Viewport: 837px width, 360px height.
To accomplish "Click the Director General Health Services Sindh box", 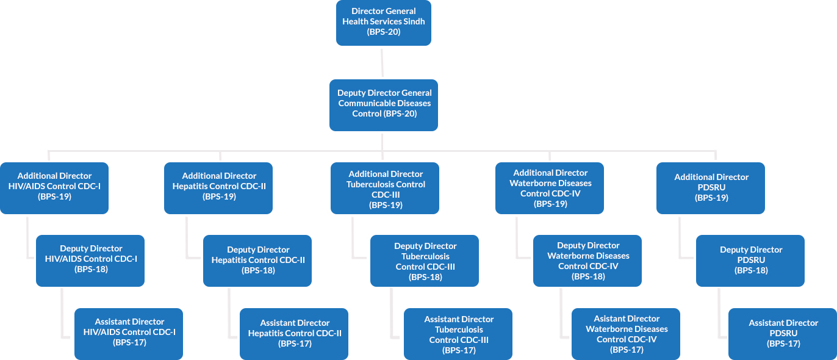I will [383, 23].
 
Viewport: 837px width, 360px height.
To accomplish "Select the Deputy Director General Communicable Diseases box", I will [383, 104].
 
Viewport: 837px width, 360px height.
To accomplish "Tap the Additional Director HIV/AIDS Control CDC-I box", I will [54, 187].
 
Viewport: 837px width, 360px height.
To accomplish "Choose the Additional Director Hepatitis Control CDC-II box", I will [218, 187].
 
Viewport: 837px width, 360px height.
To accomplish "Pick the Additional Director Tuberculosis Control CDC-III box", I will [385, 188].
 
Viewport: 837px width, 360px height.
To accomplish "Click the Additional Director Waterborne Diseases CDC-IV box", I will [550, 188].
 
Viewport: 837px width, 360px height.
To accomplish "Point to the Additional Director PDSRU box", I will [711, 187].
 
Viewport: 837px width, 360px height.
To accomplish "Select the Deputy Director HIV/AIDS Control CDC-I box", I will [90, 260].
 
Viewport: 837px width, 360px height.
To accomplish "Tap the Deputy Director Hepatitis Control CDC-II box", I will [257, 260].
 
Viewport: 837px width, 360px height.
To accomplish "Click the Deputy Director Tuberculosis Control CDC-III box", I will [425, 261].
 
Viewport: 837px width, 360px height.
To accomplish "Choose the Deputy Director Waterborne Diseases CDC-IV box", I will [587, 261].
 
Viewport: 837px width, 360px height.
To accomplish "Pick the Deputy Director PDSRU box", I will [750, 260].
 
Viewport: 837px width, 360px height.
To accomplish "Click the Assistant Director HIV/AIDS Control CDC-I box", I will [129, 333].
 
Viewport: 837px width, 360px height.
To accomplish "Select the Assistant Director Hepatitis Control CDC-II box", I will [294, 333].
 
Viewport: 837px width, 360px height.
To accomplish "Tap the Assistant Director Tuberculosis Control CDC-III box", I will [458, 334].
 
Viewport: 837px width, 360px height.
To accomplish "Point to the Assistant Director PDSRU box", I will [783, 333].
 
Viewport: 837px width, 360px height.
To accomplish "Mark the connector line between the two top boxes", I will [383, 62].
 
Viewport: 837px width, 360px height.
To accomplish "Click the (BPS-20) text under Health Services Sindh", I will [384, 32].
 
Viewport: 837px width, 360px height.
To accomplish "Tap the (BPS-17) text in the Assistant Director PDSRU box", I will [783, 344].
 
